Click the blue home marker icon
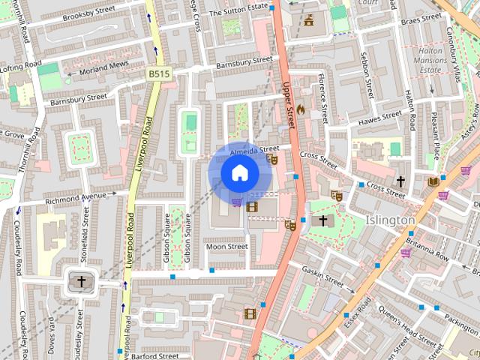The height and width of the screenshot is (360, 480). click(x=239, y=173)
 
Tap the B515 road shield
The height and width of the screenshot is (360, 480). click(x=158, y=73)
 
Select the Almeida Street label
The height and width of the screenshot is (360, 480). click(x=254, y=151)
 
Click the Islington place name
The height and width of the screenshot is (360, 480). click(x=391, y=220)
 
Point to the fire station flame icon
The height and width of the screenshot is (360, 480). click(x=301, y=109)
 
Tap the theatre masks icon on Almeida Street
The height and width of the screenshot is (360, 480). click(x=273, y=159)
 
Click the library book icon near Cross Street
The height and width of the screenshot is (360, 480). click(x=433, y=181)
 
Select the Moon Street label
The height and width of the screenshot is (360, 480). click(x=226, y=246)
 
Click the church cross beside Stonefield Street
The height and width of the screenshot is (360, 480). click(x=81, y=281)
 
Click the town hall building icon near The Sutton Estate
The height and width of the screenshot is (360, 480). click(x=309, y=21)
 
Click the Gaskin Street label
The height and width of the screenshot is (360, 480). click(x=322, y=275)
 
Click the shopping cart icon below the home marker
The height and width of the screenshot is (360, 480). click(x=237, y=202)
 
